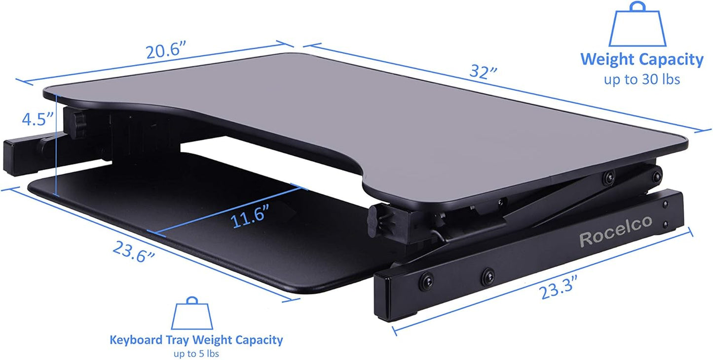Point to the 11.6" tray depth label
(x=250, y=217)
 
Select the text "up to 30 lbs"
(x=642, y=79)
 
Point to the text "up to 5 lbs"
(x=196, y=353)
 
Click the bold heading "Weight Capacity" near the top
(x=642, y=60)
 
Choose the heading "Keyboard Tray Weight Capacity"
(x=196, y=340)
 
